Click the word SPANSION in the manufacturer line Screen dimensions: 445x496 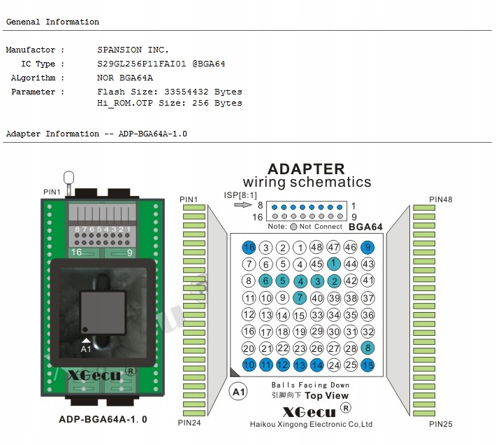pyautogui.click(x=119, y=50)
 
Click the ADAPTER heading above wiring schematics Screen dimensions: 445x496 pyautogui.click(x=306, y=169)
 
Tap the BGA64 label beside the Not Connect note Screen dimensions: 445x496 pyautogui.click(x=365, y=227)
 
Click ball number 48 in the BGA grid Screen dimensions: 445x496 pyautogui.click(x=316, y=247)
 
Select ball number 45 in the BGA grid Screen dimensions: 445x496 pyautogui.click(x=316, y=264)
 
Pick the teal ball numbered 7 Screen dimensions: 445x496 pyautogui.click(x=300, y=297)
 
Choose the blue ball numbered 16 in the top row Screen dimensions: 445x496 pyautogui.click(x=249, y=247)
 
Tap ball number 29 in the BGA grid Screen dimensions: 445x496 pyautogui.click(x=316, y=332)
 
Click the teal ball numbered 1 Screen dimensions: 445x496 pyautogui.click(x=334, y=264)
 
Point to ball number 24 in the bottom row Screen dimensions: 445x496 pyautogui.click(x=334, y=365)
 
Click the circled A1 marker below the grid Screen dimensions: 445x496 pyautogui.click(x=238, y=391)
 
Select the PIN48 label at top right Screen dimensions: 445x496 pyautogui.click(x=441, y=199)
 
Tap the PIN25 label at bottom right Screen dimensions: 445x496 pyautogui.click(x=441, y=423)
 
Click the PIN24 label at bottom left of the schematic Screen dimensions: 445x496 pyautogui.click(x=189, y=422)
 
